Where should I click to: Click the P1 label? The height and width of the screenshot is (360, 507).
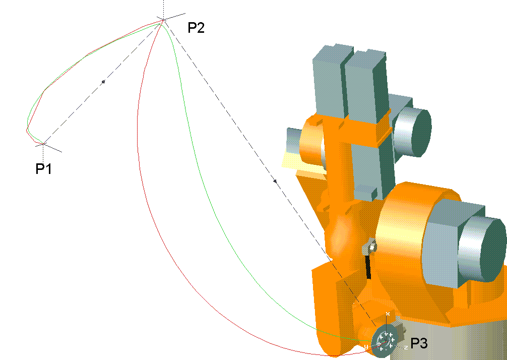pos(44,168)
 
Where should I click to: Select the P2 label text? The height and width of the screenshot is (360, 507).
pos(196,28)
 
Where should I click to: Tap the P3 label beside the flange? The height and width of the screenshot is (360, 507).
pos(419,343)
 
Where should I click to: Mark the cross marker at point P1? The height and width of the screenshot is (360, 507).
pos(43,144)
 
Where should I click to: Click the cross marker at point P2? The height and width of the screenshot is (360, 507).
pos(164,20)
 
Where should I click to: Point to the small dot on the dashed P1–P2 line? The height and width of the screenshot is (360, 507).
pos(103,82)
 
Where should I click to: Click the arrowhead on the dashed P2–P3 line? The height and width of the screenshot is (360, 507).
pos(275,181)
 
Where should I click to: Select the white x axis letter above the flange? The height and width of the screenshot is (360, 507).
pos(388,314)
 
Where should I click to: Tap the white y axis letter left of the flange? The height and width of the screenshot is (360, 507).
pos(366,347)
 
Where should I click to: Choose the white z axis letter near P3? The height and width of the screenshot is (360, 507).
pos(406,348)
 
